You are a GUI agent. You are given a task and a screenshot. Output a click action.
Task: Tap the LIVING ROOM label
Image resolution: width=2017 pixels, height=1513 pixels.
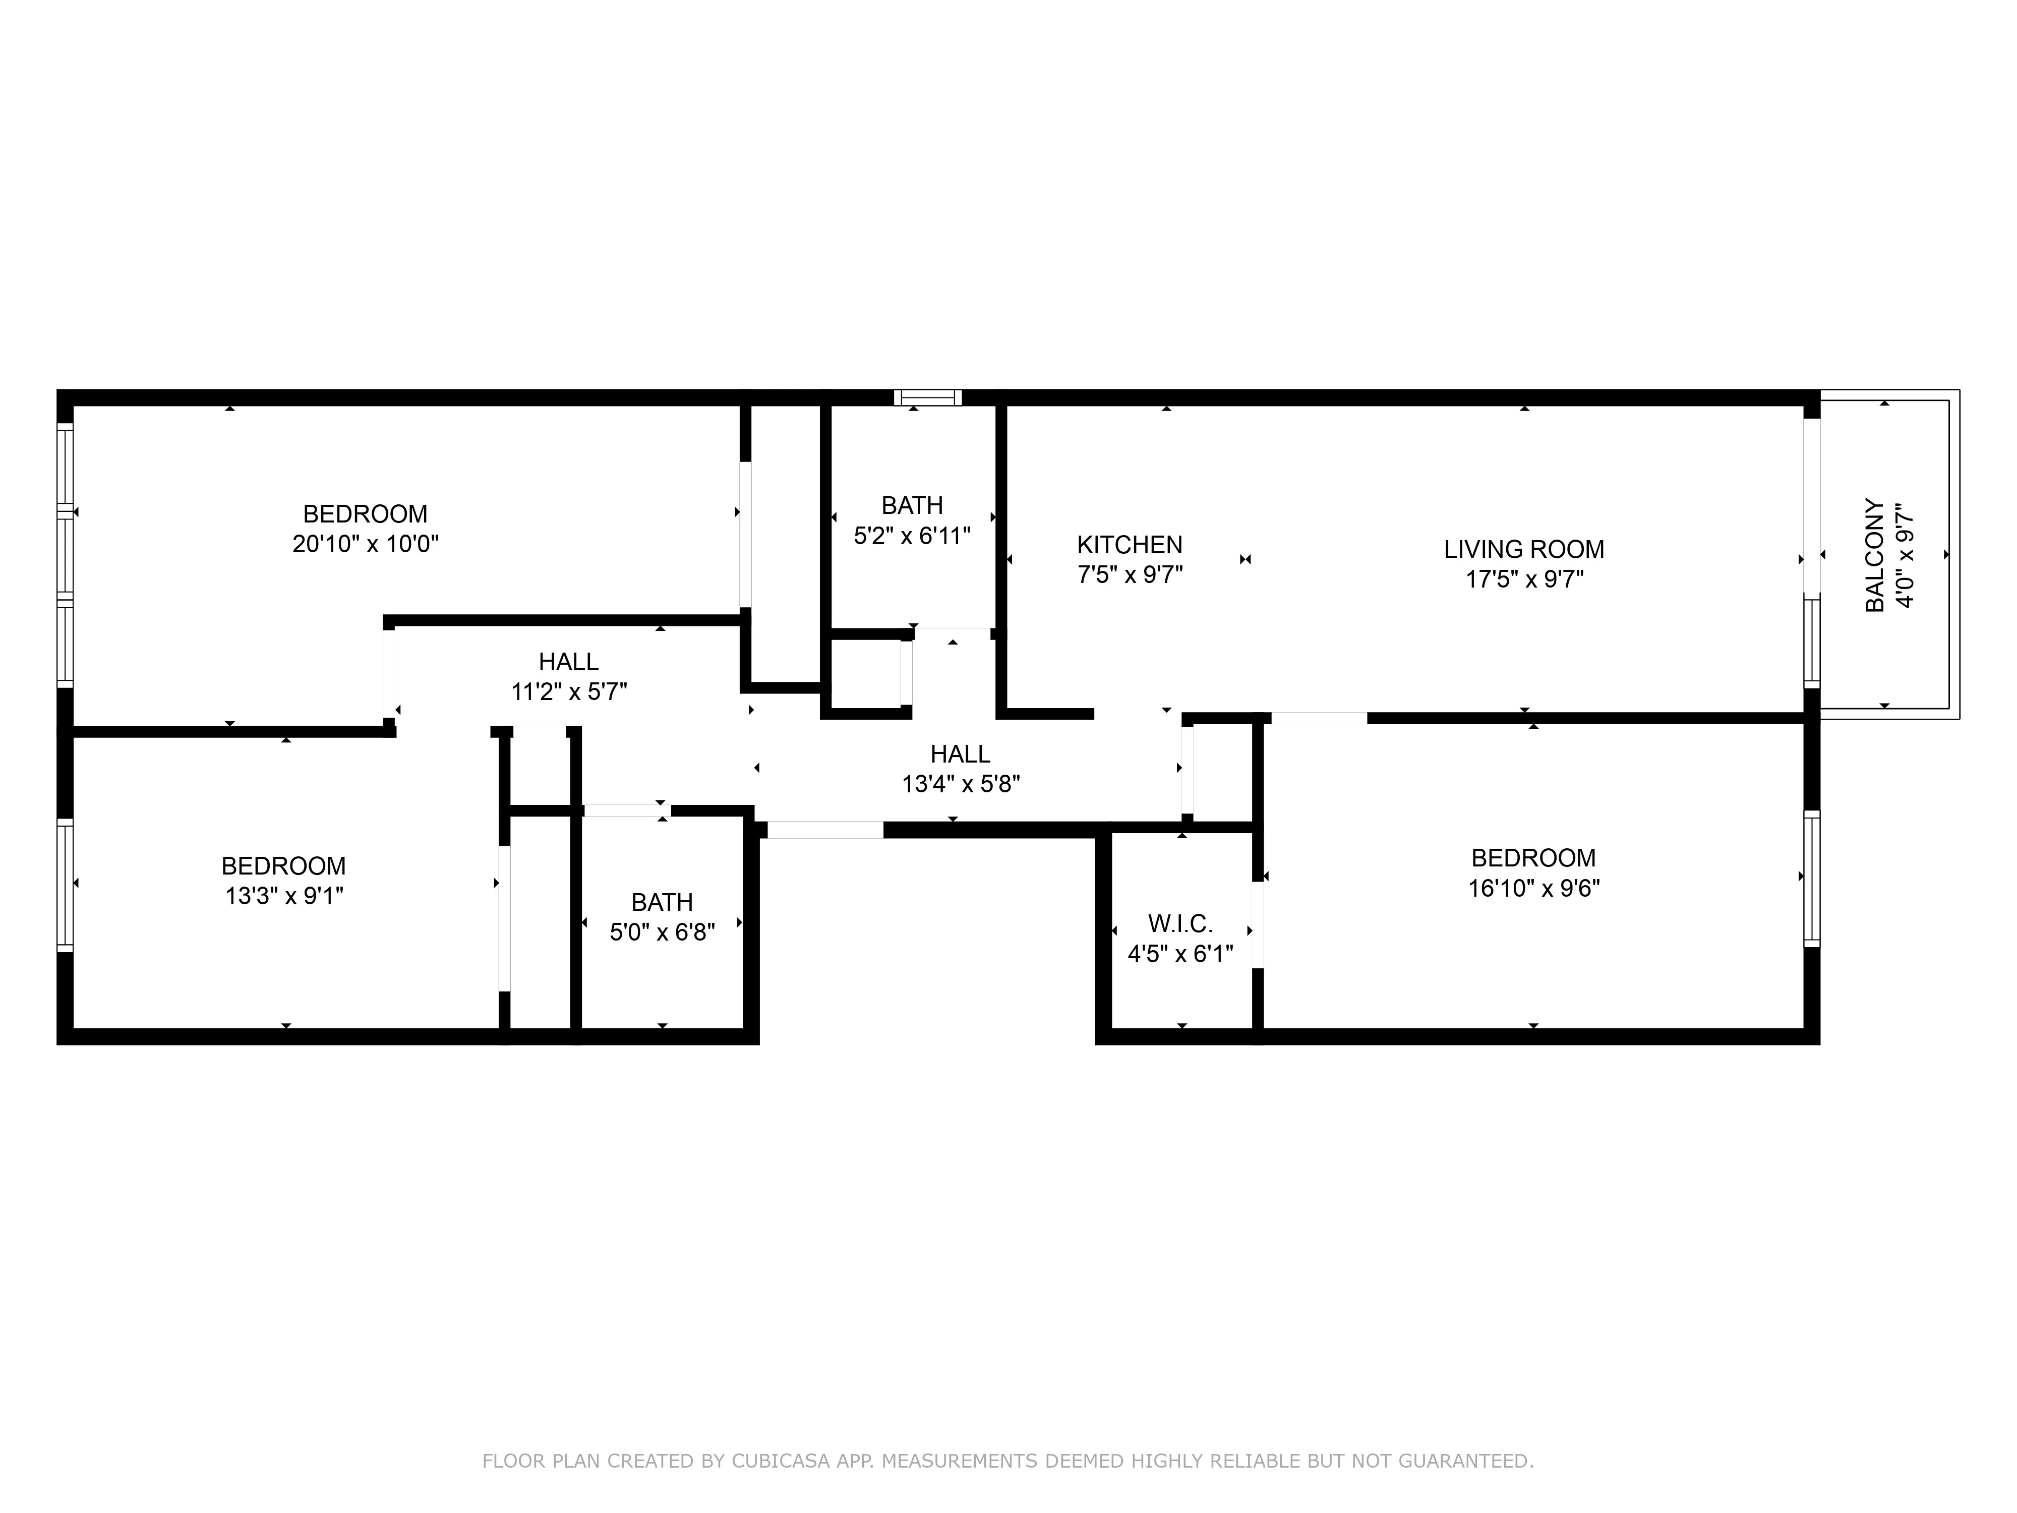(1524, 549)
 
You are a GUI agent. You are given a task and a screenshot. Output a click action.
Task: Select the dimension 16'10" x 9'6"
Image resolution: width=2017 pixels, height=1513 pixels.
(1534, 887)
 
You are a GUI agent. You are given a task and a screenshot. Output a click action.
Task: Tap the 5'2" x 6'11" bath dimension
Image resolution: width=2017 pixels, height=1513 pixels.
(912, 535)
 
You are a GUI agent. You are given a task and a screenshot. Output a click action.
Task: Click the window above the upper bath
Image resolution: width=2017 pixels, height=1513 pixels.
(927, 397)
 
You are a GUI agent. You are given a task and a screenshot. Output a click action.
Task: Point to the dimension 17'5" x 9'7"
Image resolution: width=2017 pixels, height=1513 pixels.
(1524, 579)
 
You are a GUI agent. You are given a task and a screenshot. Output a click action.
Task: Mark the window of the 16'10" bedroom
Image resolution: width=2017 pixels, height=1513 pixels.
(1812, 878)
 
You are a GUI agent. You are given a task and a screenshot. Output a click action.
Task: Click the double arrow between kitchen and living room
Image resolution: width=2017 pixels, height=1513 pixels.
(1245, 559)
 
